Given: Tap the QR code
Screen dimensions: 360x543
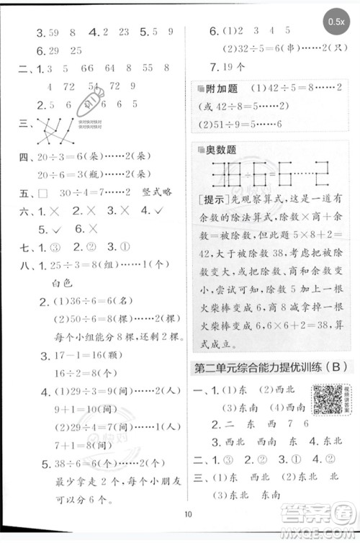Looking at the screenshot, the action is [x=327, y=398].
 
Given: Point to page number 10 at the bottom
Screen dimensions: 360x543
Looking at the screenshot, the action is [x=189, y=513].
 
